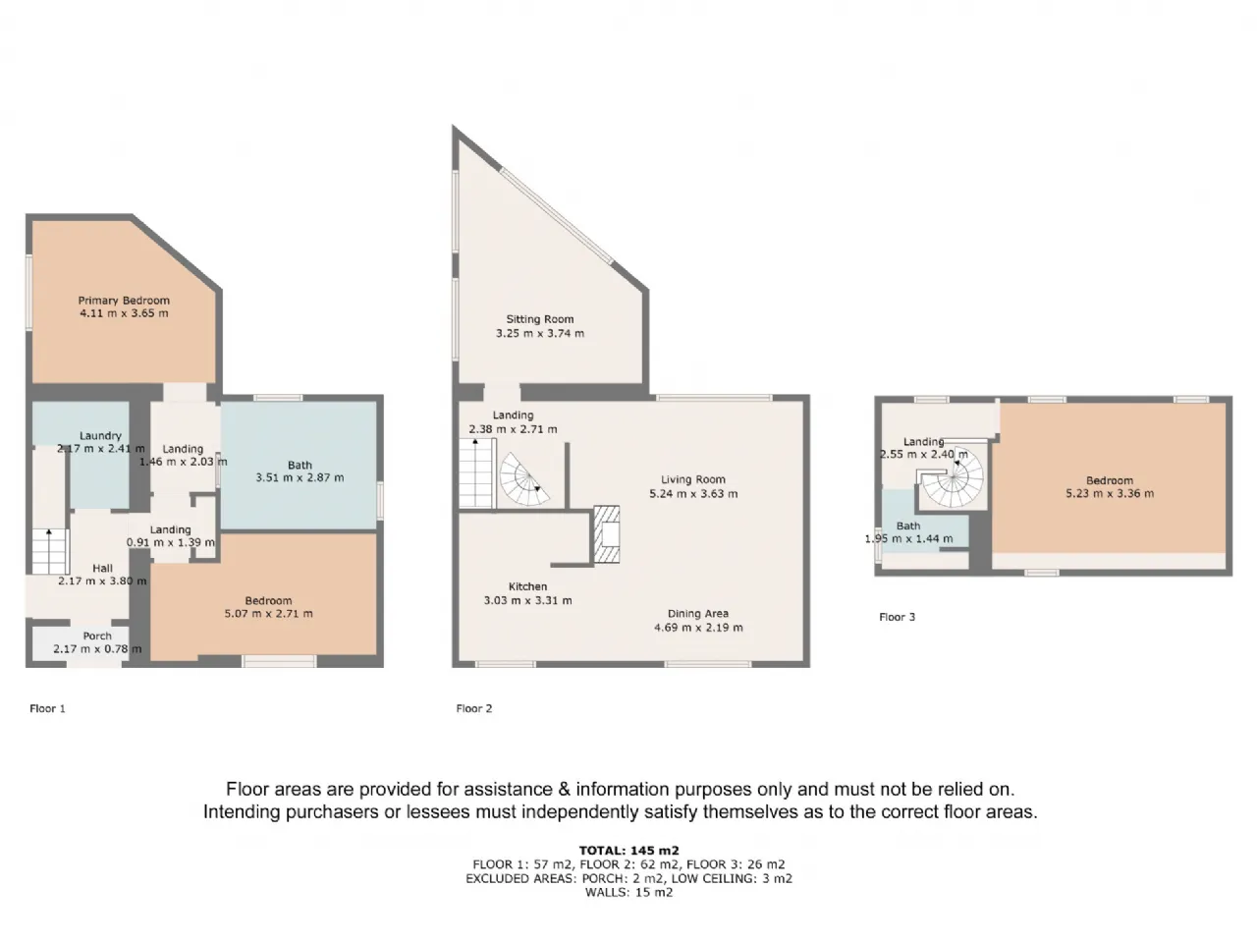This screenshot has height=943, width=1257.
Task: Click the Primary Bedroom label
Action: (124, 300)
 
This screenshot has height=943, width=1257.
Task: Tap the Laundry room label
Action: (100, 436)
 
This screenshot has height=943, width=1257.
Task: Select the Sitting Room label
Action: (539, 319)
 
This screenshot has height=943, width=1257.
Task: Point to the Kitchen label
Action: (527, 586)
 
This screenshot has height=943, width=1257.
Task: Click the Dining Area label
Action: (697, 614)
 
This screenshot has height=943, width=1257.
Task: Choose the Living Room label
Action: (693, 479)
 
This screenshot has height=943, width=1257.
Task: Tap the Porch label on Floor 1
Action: (97, 636)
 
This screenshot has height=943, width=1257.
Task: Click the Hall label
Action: (102, 568)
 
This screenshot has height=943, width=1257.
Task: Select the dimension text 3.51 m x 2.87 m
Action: (300, 477)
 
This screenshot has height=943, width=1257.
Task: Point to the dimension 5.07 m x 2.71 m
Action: (268, 613)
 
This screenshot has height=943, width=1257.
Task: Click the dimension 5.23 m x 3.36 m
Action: (1110, 493)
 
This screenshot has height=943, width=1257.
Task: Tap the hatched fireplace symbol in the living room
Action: (607, 534)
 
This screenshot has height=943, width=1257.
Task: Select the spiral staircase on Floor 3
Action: (951, 476)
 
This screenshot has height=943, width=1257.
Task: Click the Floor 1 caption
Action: (47, 708)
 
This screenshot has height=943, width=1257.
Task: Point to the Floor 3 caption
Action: (897, 617)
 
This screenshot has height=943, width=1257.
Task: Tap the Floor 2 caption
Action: (474, 708)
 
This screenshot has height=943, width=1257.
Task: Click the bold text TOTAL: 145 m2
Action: (628, 851)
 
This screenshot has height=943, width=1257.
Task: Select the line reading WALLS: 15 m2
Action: (628, 892)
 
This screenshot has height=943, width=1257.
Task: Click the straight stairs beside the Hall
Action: (50, 551)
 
